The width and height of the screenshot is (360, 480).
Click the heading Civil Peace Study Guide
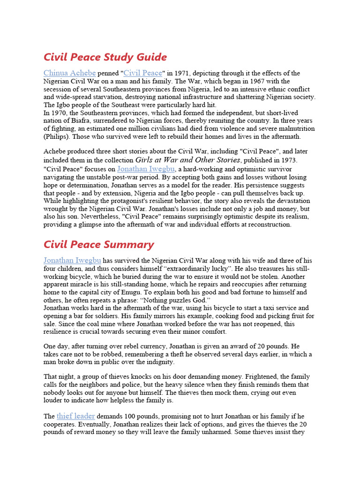pos(105,57)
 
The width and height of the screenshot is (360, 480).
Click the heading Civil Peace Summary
pos(98,244)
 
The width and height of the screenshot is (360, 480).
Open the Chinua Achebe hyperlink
pos(70,73)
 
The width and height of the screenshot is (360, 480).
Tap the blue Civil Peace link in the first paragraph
pos(142,73)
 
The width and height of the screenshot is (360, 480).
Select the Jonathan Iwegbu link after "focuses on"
pos(146,169)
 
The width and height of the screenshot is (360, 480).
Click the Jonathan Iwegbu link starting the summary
pos(72,260)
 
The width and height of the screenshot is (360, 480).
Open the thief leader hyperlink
pos(76,416)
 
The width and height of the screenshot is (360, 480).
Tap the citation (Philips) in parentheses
pos(58,136)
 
